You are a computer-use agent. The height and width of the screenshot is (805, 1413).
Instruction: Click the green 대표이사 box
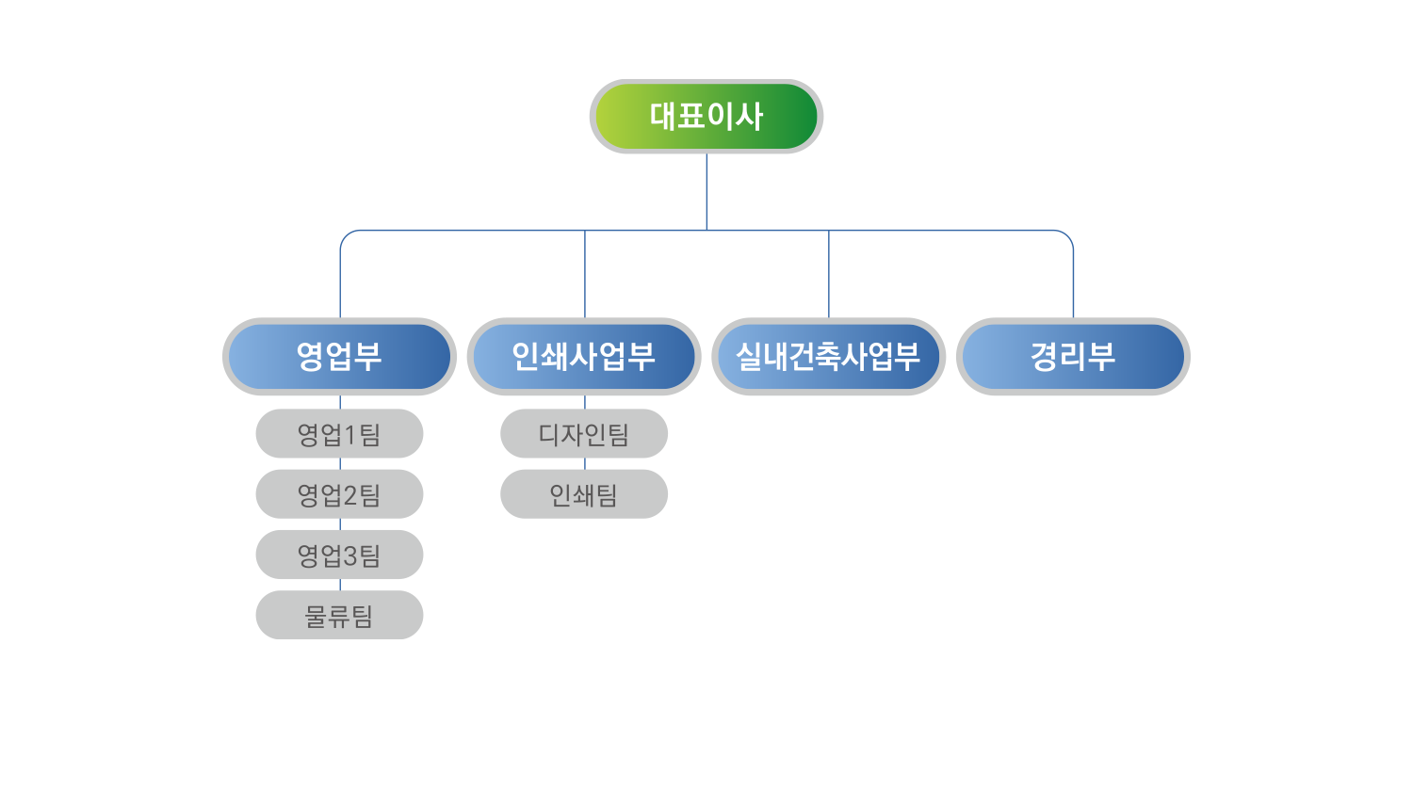coord(706,116)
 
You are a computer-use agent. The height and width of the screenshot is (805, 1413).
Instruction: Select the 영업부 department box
coord(339,356)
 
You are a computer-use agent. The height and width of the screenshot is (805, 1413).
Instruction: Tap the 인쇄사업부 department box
coord(584,356)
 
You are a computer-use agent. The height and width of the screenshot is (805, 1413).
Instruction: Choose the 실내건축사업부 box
coord(828,356)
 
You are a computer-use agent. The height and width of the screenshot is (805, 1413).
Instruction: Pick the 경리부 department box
coord(1073,356)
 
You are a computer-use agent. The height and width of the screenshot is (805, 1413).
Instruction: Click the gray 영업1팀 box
coord(339,434)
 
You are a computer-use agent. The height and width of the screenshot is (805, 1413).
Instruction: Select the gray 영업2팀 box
coord(339,494)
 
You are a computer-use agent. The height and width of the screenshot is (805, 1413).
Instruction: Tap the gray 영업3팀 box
coord(339,555)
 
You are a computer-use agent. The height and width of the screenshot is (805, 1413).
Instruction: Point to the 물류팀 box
coord(339,615)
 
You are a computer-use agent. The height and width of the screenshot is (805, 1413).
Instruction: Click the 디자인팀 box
coord(584,434)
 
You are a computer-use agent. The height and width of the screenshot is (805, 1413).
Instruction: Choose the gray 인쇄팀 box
coord(584,494)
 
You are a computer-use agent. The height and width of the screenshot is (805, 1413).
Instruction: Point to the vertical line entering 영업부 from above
coord(340,278)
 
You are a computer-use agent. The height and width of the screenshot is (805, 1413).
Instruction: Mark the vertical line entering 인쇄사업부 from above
coord(585,274)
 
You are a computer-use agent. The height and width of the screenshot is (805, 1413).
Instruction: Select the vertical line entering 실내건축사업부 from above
coord(829,274)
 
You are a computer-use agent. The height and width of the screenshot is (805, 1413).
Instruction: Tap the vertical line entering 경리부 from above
coord(1073,278)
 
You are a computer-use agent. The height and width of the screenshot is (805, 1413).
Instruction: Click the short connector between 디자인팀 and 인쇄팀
coord(585,464)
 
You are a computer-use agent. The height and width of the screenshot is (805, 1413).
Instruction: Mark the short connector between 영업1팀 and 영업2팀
coord(340,464)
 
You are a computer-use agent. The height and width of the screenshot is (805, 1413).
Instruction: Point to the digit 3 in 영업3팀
coord(349,555)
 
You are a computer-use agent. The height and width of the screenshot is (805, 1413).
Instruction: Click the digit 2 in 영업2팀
coord(349,495)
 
